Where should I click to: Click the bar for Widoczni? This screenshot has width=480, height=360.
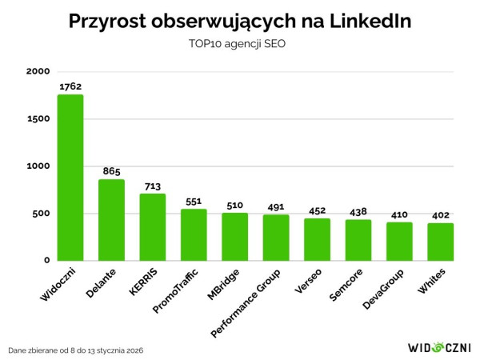point(70,178)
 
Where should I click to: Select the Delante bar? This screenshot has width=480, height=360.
point(111,220)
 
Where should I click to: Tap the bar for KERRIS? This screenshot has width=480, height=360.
point(153,227)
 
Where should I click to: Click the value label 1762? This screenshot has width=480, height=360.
point(70,86)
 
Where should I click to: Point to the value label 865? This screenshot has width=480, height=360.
point(111,171)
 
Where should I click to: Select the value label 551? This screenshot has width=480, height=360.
point(194,201)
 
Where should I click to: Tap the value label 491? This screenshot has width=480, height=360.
point(276,206)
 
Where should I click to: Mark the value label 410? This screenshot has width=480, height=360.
point(399,214)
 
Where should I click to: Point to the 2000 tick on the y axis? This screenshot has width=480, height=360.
point(37,72)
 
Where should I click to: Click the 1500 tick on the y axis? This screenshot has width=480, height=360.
point(38,119)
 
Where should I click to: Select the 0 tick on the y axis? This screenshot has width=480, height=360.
point(46,261)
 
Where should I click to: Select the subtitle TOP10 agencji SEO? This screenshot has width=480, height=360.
point(240,44)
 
